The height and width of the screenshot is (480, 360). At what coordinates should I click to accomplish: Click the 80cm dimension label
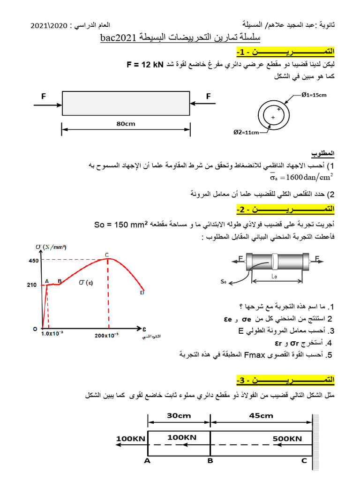coord(126,124)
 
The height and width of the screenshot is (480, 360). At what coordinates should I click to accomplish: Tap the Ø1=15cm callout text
coord(314,95)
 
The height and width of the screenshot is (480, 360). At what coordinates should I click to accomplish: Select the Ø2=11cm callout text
coord(246,133)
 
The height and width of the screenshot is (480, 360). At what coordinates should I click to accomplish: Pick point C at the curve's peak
coord(107,255)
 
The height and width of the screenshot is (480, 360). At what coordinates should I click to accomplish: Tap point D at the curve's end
coord(142,292)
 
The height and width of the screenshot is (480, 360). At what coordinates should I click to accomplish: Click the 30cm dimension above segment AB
coord(179,415)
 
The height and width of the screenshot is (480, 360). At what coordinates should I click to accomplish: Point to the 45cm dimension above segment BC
coord(261,415)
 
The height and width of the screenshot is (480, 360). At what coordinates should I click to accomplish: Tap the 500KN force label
coord(287,439)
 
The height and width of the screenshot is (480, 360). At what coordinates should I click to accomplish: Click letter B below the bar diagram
coord(210,461)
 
